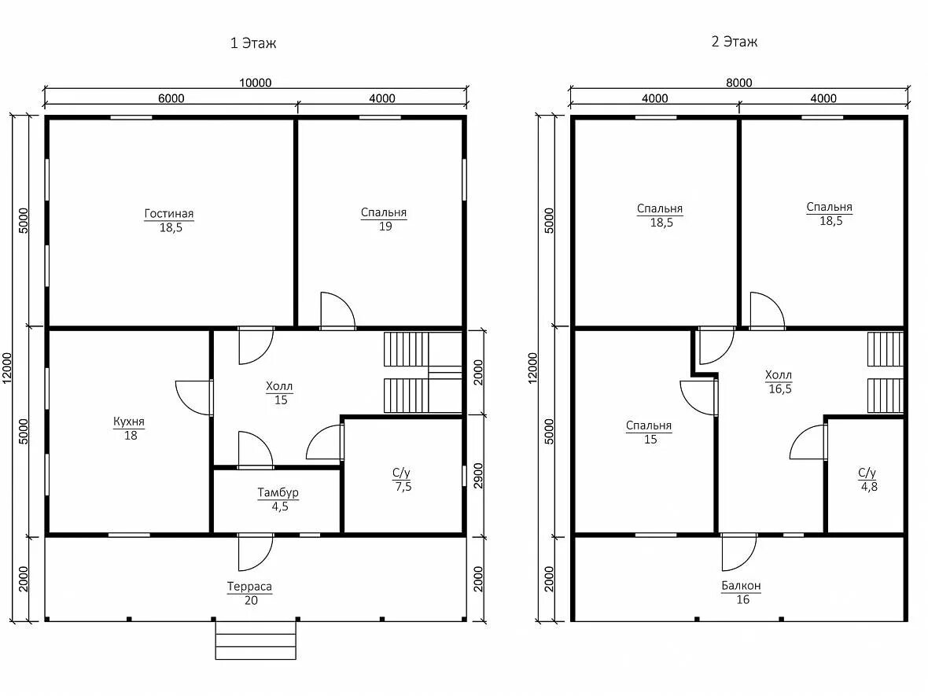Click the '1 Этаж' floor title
click(x=253, y=43)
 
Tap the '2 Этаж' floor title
click(x=735, y=42)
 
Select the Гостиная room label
click(x=169, y=214)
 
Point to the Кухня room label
click(x=129, y=422)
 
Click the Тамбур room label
click(x=278, y=493)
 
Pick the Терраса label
click(x=250, y=587)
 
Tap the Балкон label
click(x=741, y=586)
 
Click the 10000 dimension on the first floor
click(x=255, y=83)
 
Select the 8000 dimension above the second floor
click(x=739, y=83)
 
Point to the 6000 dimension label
click(x=171, y=98)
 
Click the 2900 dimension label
click(x=478, y=476)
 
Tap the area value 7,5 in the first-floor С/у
click(x=403, y=487)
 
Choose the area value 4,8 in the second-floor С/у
click(x=869, y=487)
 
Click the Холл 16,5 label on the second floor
click(x=779, y=381)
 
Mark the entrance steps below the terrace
click(x=256, y=640)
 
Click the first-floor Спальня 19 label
click(x=384, y=219)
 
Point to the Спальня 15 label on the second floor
click(x=650, y=432)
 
